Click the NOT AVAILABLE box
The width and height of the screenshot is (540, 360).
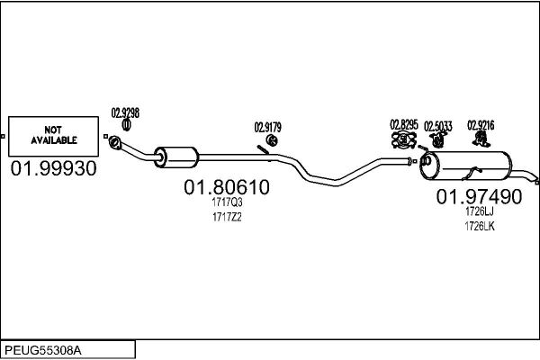pos(53,136)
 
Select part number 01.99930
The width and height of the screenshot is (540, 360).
pos(53,169)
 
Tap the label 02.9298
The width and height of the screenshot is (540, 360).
pos(125,113)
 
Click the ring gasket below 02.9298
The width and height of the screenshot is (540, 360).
pos(126,125)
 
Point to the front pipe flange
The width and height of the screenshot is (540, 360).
pos(114,142)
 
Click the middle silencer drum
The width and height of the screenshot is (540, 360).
pos(176,157)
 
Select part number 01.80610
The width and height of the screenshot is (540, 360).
pos(227,187)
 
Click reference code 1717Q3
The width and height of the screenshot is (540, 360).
pos(227,202)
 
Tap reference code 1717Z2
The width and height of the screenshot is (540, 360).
pos(227,217)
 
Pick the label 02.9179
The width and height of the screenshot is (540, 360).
pos(267,128)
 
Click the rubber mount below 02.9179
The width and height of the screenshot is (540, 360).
pos(272,140)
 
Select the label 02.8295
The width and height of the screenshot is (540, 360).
pos(403,125)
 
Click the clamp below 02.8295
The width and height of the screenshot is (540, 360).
pos(404,139)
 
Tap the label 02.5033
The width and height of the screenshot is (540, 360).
pos(437,126)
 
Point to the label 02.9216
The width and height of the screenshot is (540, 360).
pos(481,125)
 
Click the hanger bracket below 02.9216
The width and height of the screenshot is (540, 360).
pos(481,139)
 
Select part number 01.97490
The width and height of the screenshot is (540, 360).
pos(479,197)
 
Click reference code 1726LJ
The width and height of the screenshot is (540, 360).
pos(480,211)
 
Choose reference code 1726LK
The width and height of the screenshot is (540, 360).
pos(480,226)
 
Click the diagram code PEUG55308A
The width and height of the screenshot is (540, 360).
pos(43,350)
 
